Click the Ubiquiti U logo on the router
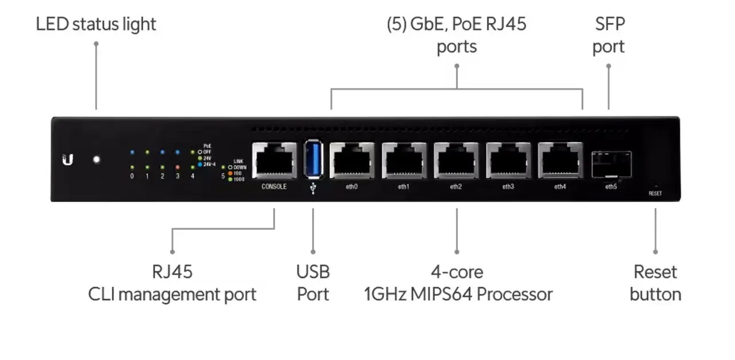tap(68, 160)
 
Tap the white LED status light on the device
tap(96, 160)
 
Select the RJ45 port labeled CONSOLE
tap(274, 160)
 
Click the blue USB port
tap(313, 158)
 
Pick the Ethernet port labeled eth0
tap(351, 160)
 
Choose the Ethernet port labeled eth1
tap(404, 160)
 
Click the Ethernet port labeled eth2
tap(456, 160)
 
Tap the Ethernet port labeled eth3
tap(508, 160)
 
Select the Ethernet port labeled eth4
tap(560, 160)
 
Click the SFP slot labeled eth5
tap(612, 164)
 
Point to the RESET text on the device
tap(655, 193)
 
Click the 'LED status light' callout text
tap(96, 24)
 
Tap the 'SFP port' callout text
tap(609, 35)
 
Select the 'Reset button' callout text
tap(655, 282)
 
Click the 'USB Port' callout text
tap(313, 282)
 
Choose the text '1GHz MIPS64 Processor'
tap(458, 295)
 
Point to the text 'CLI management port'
tap(172, 295)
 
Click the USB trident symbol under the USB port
tap(313, 188)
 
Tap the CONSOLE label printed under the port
tap(274, 187)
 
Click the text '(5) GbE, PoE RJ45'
tap(457, 24)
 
